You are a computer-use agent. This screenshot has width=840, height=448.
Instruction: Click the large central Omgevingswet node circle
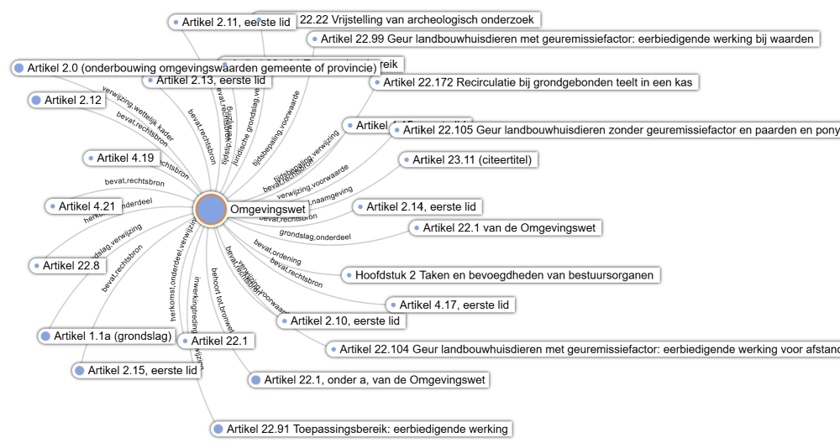(x=211, y=210)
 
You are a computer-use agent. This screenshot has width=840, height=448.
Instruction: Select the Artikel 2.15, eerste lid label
(x=143, y=370)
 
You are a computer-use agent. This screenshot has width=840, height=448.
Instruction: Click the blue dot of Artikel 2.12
(x=35, y=101)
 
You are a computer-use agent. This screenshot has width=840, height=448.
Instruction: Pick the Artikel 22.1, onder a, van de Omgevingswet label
(x=374, y=380)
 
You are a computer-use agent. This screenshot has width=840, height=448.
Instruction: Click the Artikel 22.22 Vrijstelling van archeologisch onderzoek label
(x=395, y=18)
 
